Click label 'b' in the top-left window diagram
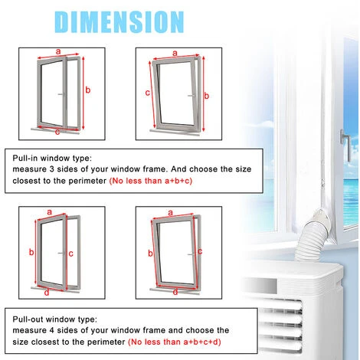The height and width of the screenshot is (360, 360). pos(88,90)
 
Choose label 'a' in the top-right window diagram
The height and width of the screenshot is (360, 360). pos(175,54)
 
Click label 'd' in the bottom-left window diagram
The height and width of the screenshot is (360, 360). pos(47,291)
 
